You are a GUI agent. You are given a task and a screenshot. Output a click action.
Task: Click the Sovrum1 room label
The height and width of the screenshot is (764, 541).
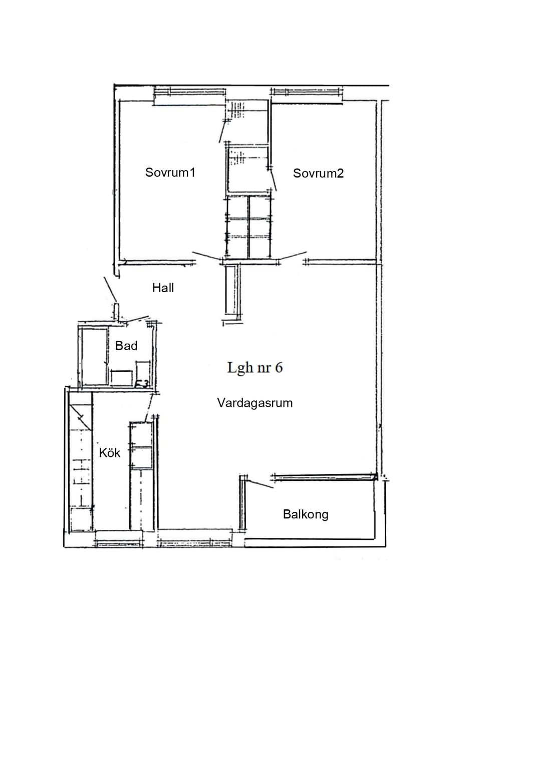click(170, 172)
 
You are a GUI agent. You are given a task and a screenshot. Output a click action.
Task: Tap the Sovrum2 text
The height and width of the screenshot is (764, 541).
click(318, 173)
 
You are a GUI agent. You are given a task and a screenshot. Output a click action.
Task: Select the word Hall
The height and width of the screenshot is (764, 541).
click(163, 288)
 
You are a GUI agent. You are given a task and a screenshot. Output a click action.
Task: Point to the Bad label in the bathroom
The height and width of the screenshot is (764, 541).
click(126, 346)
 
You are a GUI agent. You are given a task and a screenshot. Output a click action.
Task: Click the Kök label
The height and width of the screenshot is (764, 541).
click(110, 453)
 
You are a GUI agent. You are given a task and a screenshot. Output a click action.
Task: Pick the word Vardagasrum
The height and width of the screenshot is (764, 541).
click(255, 403)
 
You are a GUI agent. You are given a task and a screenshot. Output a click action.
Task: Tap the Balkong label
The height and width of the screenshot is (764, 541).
click(306, 514)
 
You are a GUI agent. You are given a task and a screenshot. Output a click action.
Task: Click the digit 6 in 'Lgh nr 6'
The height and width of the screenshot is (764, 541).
click(279, 368)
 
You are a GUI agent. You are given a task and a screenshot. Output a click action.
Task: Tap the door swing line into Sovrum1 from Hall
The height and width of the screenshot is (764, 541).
click(206, 257)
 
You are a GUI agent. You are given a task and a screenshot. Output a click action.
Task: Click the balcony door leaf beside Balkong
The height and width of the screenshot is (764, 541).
click(260, 484)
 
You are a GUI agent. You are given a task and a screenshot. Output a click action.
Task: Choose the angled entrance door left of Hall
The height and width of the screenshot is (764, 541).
click(110, 289)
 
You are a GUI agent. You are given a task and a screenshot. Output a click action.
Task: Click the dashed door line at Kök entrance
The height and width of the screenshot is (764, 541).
click(149, 407)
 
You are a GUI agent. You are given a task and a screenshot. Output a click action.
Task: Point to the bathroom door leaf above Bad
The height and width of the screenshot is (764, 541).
click(137, 319)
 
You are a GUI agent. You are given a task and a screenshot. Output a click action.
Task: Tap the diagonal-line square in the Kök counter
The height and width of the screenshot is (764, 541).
click(81, 416)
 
